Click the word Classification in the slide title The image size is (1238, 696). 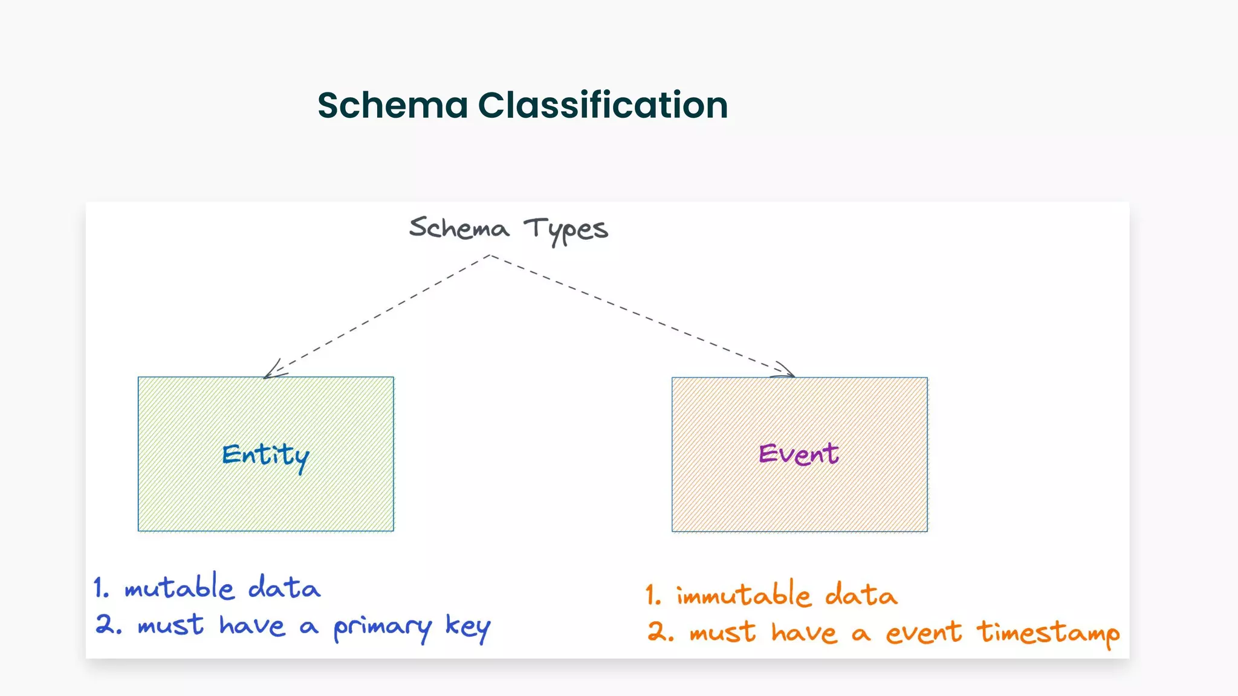pyautogui.click(x=603, y=105)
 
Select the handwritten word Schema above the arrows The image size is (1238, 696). pyautogui.click(x=459, y=228)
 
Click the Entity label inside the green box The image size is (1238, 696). pyautogui.click(x=265, y=456)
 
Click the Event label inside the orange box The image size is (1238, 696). pyautogui.click(x=799, y=454)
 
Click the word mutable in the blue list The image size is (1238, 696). pyautogui.click(x=179, y=587)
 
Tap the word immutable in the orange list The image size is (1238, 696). pyautogui.click(x=743, y=594)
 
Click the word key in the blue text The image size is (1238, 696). pyautogui.click(x=467, y=627)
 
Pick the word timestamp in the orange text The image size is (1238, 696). pyautogui.click(x=1048, y=634)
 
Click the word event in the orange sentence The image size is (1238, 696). pyautogui.click(x=923, y=633)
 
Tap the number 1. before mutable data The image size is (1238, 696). pyautogui.click(x=101, y=587)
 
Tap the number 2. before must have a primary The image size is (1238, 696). pyautogui.click(x=108, y=625)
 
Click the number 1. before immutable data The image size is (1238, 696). pyautogui.click(x=653, y=595)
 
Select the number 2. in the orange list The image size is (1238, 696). pyautogui.click(x=660, y=632)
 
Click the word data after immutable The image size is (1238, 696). pyautogui.click(x=861, y=594)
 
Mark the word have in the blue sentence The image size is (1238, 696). pyautogui.click(x=251, y=625)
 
